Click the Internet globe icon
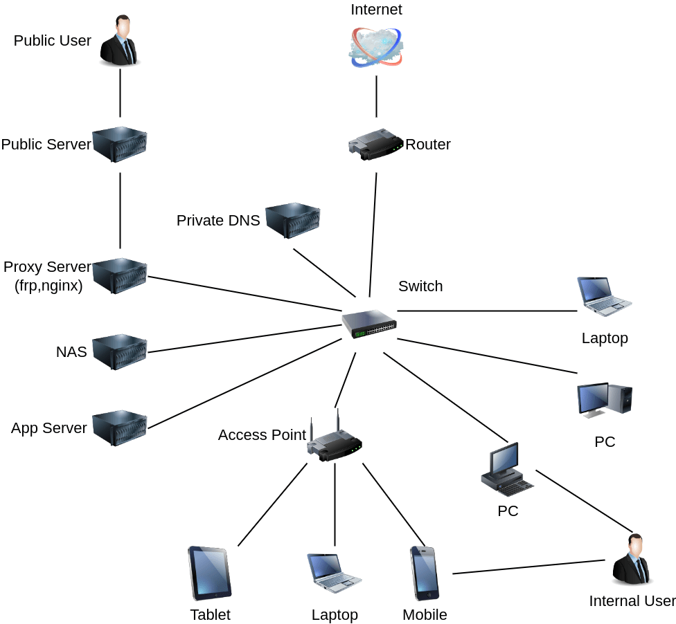(x=376, y=47)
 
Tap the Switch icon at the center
(x=369, y=324)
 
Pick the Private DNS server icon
(x=293, y=221)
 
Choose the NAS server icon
(x=120, y=352)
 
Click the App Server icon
(x=120, y=428)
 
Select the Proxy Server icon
(x=120, y=276)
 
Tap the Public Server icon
(x=120, y=145)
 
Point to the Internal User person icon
(x=632, y=560)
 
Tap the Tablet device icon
(x=209, y=573)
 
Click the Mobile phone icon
(x=424, y=573)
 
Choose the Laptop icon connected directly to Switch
(x=604, y=297)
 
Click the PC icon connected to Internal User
(x=508, y=470)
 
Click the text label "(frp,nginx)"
(x=48, y=285)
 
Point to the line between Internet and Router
(x=376, y=97)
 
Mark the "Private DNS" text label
(x=218, y=221)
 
